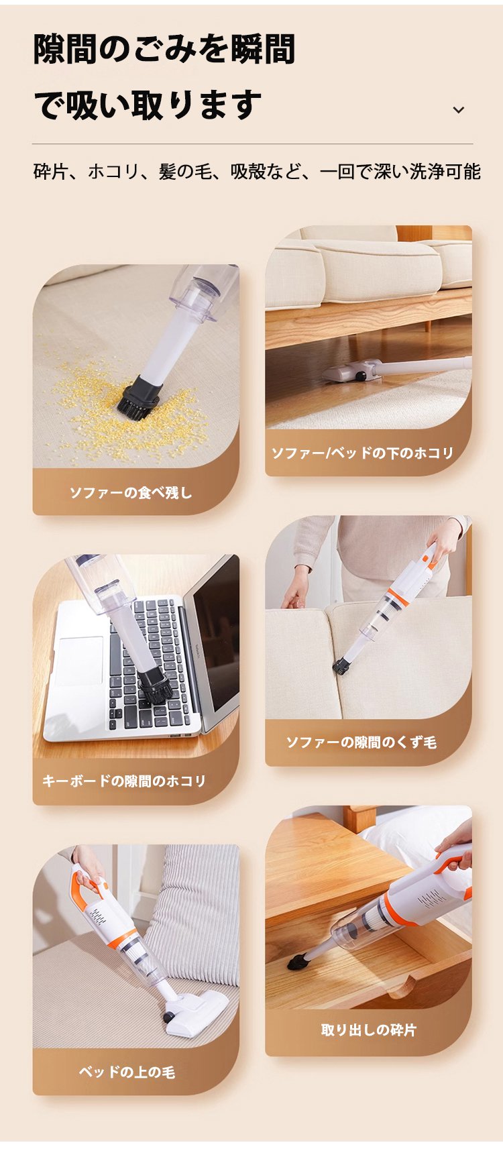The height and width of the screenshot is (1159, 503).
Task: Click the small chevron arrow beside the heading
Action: point(459,110)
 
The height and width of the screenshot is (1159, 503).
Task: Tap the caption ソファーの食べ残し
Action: point(131,492)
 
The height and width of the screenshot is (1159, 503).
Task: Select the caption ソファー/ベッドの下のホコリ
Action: point(363,453)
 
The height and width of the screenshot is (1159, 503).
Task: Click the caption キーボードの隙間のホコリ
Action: point(124,781)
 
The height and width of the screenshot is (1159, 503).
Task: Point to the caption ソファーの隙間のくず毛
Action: point(361,742)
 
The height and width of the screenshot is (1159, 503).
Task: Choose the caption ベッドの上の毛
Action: point(127,1072)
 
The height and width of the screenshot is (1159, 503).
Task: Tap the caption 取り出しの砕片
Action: point(369,1030)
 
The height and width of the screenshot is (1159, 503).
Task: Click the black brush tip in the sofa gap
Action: point(342,666)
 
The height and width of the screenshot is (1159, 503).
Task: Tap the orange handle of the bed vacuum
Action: point(87,885)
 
